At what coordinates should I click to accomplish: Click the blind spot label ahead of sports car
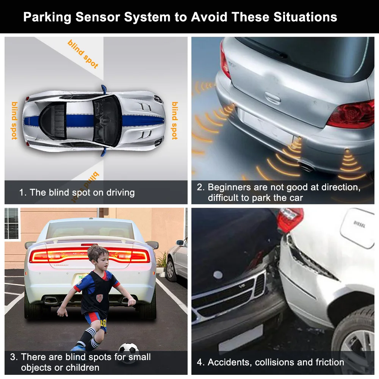click(x=174, y=121)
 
